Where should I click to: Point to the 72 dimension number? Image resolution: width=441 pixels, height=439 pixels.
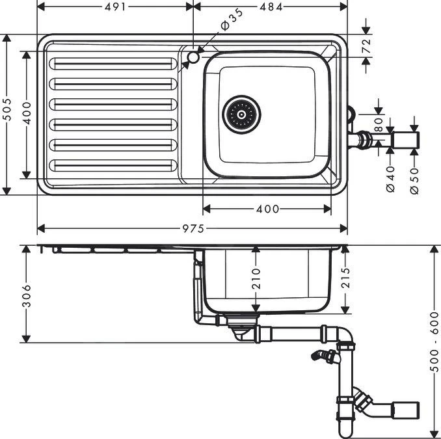point(366,46)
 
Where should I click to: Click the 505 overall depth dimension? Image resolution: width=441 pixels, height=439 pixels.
point(7,114)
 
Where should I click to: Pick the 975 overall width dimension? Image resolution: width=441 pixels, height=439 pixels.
point(193,228)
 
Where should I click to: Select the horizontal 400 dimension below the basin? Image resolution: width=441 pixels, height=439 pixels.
point(267,209)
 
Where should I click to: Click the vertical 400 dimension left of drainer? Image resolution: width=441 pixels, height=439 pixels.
point(27,114)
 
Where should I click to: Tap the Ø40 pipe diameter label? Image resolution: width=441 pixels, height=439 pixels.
point(390,179)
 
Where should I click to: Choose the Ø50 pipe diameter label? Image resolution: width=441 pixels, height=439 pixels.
point(414,179)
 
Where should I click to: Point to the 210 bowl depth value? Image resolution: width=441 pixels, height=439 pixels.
point(256,278)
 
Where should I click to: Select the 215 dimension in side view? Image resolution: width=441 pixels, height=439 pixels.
point(345,280)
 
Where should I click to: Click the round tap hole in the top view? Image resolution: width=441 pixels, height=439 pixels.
point(193,59)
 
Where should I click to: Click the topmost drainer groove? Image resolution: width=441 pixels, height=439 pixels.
point(113,64)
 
